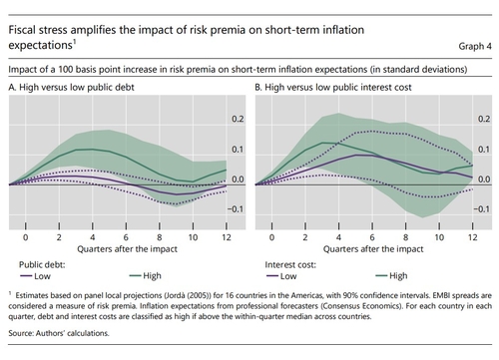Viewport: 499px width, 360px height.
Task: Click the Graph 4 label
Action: pos(475,46)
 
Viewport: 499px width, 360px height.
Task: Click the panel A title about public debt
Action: pos(71,87)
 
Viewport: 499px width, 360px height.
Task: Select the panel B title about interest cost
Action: pos(333,87)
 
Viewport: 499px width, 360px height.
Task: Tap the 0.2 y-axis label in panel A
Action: pos(238,119)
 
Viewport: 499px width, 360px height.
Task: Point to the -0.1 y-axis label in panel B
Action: pos(482,209)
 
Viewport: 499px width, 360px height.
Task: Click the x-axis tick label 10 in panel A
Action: pos(193,237)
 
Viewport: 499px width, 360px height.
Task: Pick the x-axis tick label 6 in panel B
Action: pos(372,237)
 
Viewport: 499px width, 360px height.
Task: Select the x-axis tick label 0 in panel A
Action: pos(26,237)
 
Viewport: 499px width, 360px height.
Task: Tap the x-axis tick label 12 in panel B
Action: pos(473,237)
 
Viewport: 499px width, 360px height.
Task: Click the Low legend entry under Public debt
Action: pos(35,276)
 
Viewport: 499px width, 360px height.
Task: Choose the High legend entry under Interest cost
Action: pos(391,276)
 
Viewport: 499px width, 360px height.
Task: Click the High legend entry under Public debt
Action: pos(146,276)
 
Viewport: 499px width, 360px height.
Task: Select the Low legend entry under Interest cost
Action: pos(281,276)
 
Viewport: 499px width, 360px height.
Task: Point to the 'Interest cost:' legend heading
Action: pos(290,265)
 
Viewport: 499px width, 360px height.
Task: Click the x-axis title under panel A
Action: pos(127,249)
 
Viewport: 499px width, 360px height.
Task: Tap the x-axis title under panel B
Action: pos(373,249)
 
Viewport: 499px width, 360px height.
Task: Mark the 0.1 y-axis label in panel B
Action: pos(484,150)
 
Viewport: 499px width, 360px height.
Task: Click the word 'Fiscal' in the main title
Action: pos(21,30)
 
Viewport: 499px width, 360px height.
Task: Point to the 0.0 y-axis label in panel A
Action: pos(238,180)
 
